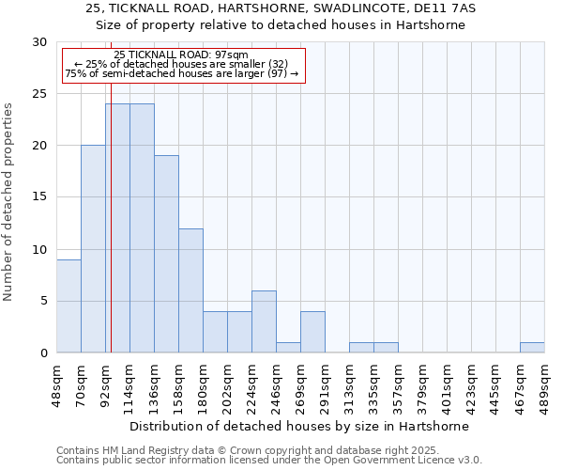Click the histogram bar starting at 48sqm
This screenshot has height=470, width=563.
(x=68, y=305)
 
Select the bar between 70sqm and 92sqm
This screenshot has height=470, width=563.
(x=93, y=249)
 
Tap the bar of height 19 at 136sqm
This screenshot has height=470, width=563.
(x=166, y=254)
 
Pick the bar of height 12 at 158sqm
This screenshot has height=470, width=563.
(x=190, y=290)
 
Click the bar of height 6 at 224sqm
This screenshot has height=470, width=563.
(x=264, y=321)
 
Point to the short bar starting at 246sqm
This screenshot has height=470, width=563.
(x=288, y=348)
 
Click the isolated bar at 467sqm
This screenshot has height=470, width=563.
(x=532, y=348)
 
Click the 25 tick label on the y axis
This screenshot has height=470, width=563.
(x=40, y=94)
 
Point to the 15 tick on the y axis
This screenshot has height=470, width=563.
(x=40, y=197)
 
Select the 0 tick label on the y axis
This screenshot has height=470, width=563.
(x=44, y=353)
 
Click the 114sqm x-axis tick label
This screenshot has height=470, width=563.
(x=130, y=386)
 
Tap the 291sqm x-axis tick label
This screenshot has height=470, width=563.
(x=326, y=386)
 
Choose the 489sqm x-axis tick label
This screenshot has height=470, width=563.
(x=545, y=386)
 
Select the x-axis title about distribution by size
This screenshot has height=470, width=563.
(x=300, y=426)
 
